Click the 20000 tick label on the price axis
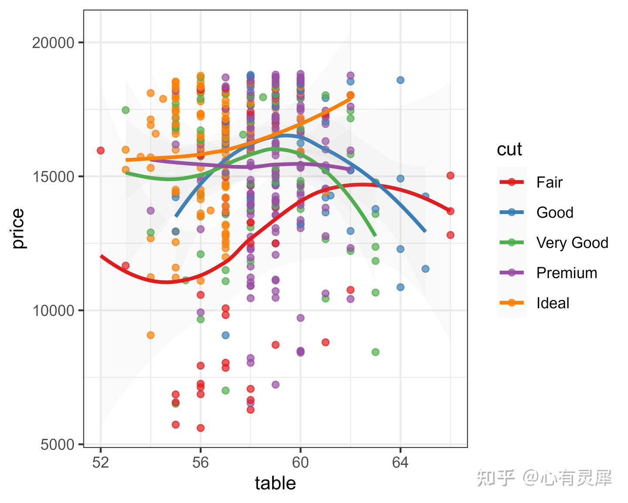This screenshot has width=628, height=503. (53, 43)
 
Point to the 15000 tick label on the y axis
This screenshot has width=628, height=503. (53, 177)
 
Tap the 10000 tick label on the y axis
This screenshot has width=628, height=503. (53, 311)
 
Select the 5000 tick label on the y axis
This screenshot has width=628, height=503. (58, 445)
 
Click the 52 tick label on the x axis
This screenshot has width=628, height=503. (101, 462)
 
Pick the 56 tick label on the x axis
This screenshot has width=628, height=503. (201, 462)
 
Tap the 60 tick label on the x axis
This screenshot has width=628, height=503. (300, 462)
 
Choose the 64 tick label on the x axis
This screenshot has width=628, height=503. (400, 462)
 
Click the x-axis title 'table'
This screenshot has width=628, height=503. (275, 483)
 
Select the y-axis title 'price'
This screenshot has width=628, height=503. (18, 229)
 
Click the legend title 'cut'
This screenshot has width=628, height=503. (509, 149)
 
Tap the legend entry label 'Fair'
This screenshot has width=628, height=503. (549, 182)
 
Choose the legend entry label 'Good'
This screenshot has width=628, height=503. (555, 213)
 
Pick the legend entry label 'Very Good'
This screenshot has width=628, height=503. (572, 243)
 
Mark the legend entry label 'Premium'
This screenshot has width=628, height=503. (567, 273)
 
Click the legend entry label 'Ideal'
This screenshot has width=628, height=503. (553, 303)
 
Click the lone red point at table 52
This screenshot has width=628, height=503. (101, 151)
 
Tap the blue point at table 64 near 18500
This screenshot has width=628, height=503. (400, 80)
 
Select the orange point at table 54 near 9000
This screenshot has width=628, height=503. (150, 335)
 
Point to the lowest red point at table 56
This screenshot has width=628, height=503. (201, 428)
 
